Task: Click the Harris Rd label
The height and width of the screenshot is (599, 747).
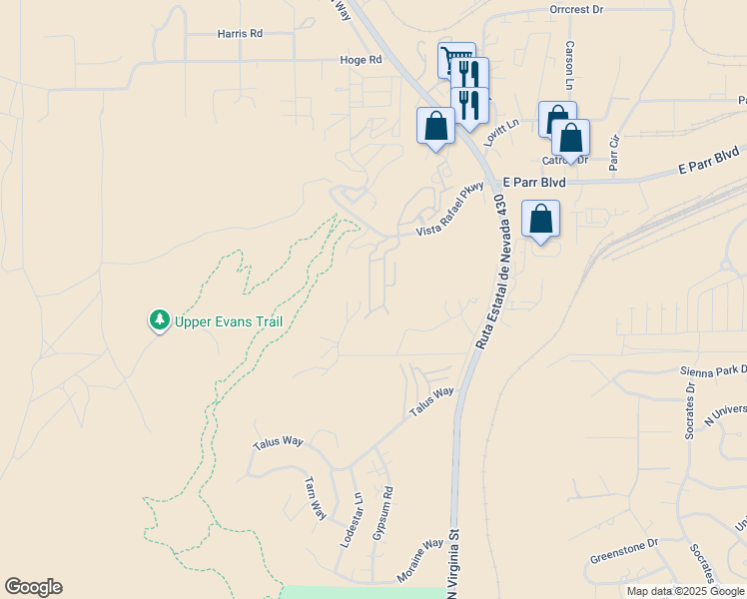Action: coord(240,33)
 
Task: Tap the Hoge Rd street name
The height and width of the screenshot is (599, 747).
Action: coord(362,60)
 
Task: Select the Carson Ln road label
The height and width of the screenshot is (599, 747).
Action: coord(571,62)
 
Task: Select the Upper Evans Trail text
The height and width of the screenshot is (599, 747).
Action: coord(229,321)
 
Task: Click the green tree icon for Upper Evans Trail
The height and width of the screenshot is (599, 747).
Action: coord(158,320)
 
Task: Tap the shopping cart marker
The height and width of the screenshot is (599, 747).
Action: coord(455,58)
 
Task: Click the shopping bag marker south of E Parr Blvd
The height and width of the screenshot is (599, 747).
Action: coord(540,219)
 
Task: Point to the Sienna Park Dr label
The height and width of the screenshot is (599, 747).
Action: coord(711,371)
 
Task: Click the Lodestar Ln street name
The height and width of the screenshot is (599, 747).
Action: coord(350,519)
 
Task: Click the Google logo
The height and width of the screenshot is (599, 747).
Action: coord(33,587)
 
